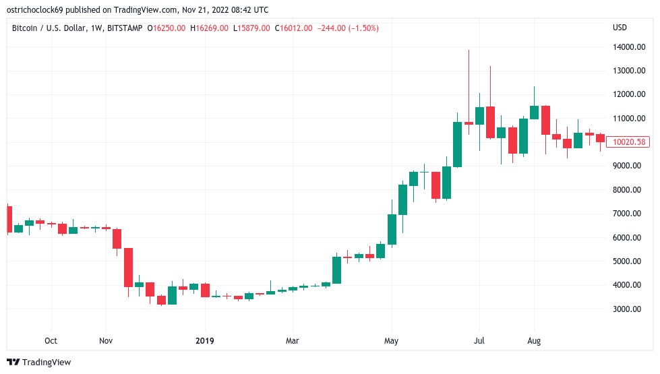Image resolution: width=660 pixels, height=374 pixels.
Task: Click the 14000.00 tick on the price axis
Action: click(x=628, y=47)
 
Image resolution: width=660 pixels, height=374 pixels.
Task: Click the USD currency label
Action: click(x=620, y=28)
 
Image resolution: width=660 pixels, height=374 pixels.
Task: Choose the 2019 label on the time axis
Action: click(x=204, y=341)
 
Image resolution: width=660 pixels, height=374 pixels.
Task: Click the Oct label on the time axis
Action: click(x=51, y=341)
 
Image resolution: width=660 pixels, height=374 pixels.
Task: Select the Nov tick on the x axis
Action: click(x=106, y=341)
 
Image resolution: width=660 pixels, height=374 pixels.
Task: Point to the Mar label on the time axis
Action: click(x=292, y=341)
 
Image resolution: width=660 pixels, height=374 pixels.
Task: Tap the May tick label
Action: click(x=392, y=341)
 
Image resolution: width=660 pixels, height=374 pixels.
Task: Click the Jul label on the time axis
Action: click(x=479, y=341)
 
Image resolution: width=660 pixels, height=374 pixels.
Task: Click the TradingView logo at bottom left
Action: click(x=39, y=363)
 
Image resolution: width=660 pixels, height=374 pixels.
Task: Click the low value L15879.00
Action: click(x=252, y=28)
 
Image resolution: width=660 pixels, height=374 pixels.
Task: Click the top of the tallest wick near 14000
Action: click(x=469, y=51)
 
